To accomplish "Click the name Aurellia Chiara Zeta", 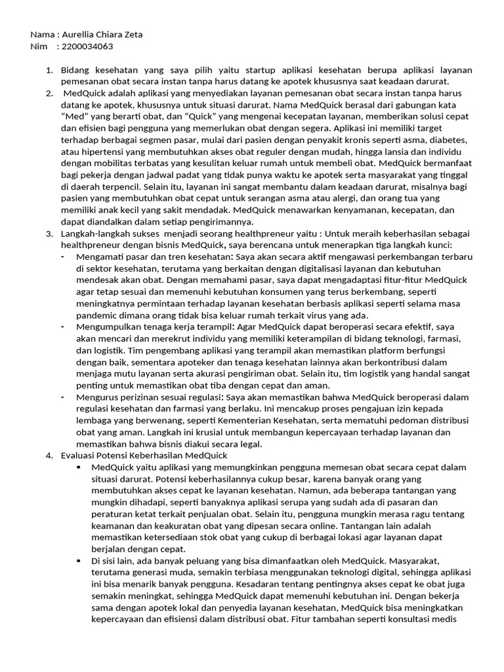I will pos(102,35).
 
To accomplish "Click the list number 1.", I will pos(49,70).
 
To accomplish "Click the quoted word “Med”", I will pos(73,116).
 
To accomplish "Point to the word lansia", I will pos(371,152).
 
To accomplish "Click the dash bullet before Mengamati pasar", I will pos(62,257).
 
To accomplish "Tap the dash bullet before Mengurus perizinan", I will pos(62,397).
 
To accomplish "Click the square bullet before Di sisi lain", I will pos(78,561).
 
